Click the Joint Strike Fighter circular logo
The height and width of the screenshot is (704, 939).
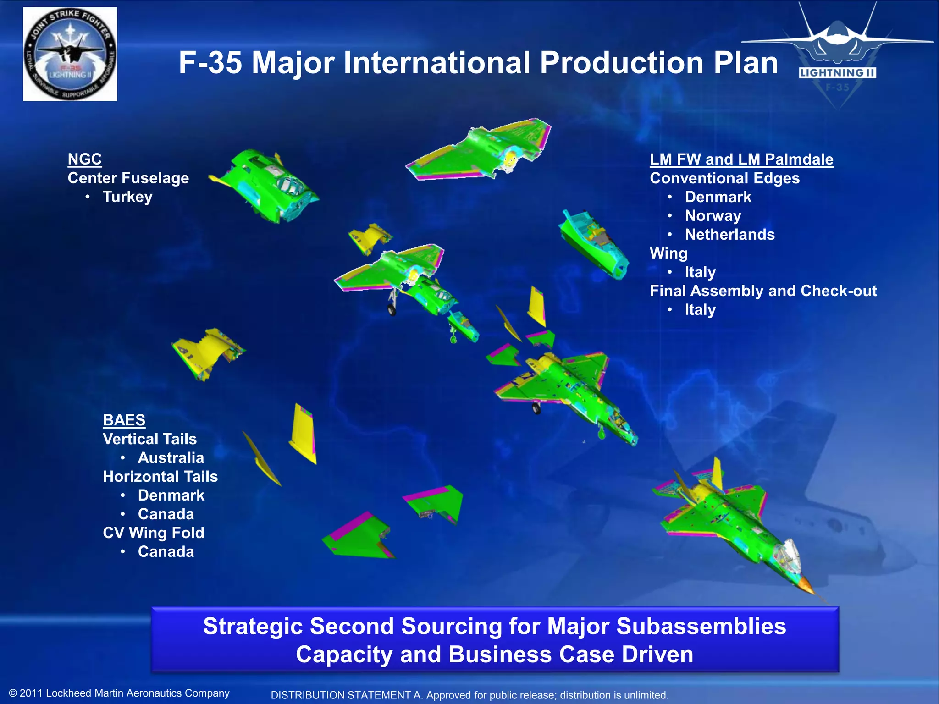[x=70, y=54]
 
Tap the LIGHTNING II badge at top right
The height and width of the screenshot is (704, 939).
[x=837, y=72]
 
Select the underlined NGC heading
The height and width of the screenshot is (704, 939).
[x=85, y=159]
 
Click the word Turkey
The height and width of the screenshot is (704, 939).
[x=127, y=197]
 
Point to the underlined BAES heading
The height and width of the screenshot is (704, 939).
[x=124, y=420]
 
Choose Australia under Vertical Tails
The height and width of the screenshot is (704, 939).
[x=171, y=457]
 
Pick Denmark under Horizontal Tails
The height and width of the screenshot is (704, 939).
[x=171, y=495]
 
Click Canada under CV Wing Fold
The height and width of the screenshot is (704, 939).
[x=166, y=551]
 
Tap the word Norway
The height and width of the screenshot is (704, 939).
[x=713, y=215]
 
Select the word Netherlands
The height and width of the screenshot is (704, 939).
[x=729, y=234]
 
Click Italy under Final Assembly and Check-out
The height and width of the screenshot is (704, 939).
[x=700, y=309]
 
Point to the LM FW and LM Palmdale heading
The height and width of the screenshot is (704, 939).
[x=741, y=159]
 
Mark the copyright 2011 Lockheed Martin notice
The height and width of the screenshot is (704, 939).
[x=119, y=693]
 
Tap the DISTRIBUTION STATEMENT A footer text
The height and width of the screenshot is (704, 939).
[x=469, y=695]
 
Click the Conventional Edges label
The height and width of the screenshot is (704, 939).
[x=724, y=178]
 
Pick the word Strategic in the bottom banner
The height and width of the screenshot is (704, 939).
[x=253, y=626]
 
